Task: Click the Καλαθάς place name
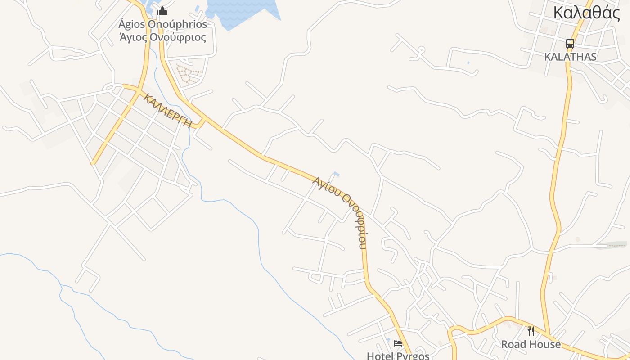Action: [x=586, y=13]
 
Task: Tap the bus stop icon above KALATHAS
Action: [x=570, y=44]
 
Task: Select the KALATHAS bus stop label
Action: [x=570, y=57]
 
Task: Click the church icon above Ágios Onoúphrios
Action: [x=162, y=11]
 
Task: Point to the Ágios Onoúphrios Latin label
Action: [x=162, y=24]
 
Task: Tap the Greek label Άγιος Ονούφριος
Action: [x=162, y=37]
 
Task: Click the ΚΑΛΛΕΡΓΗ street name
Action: [x=168, y=111]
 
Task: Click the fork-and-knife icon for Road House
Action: [x=531, y=331]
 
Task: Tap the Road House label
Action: [x=531, y=345]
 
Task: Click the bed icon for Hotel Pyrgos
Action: [x=398, y=343]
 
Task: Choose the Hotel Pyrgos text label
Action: [x=398, y=355]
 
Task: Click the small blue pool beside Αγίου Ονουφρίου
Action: [x=336, y=174]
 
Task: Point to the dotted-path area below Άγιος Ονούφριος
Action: [x=188, y=74]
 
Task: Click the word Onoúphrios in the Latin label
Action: [x=180, y=24]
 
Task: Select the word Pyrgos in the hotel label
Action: [x=413, y=355]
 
